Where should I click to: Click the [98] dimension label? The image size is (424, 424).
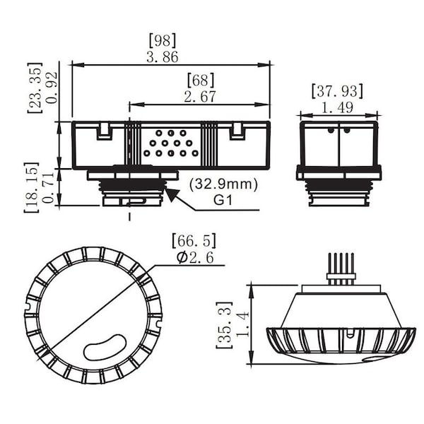point(163,40)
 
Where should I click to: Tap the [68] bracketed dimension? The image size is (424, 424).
point(201,80)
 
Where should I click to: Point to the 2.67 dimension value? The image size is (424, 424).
point(200,96)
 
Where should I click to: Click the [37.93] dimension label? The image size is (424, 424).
point(337,90)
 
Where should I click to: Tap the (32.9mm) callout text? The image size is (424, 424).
point(224,184)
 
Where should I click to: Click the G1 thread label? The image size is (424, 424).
point(224,200)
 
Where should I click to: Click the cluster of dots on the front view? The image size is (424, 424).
point(168,143)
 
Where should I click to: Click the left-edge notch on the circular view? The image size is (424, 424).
point(29,306)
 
